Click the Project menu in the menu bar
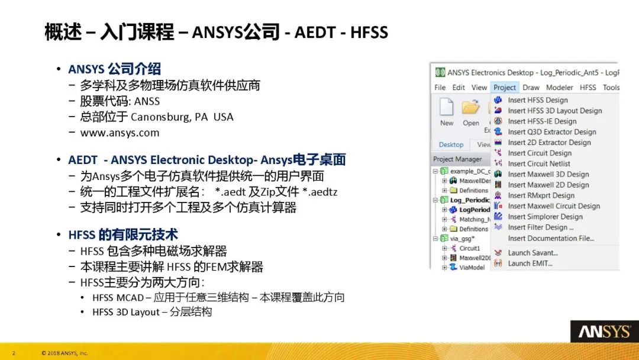pos(504,88)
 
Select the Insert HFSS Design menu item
pos(537,100)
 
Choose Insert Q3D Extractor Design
pos(551,132)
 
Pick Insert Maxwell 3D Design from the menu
pos(548,174)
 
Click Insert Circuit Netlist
pos(538,163)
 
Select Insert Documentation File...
pos(550,239)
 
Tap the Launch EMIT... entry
pos(530,263)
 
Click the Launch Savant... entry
pos(532,253)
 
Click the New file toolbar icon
pos(447,109)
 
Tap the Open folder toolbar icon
pos(471,109)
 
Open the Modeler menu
pos(559,88)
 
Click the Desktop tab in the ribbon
pos(451,144)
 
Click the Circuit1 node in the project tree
pos(469,248)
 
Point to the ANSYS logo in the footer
pos(604,332)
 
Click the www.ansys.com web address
pos(120,133)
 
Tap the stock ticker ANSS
pos(147,101)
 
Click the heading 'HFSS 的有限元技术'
pos(123,235)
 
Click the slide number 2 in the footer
pos(14,353)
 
